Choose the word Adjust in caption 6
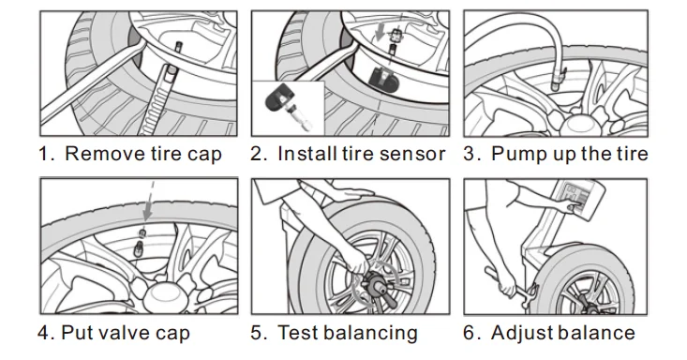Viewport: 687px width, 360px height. (518, 333)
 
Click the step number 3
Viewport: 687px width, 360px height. (471, 154)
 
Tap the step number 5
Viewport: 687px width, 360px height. (258, 333)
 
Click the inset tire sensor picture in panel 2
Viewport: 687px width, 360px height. (288, 108)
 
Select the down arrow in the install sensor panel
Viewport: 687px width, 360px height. (381, 32)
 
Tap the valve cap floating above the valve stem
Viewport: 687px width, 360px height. (142, 232)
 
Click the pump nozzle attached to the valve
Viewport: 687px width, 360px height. (558, 79)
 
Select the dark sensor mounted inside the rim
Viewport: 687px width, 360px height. (382, 78)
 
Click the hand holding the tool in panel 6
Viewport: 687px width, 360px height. (507, 284)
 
